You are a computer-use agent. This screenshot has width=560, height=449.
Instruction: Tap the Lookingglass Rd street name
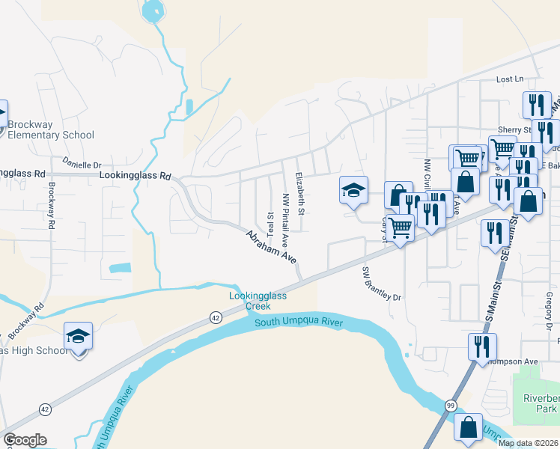coord(136,177)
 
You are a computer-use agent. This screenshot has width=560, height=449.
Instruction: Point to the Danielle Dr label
coord(82,165)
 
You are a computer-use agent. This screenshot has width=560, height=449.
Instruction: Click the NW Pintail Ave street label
coord(285,212)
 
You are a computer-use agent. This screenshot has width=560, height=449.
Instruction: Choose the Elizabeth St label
coord(299,193)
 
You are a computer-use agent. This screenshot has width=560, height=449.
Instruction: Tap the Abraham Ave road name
coord(272,246)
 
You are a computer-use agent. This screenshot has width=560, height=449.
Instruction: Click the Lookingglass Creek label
coord(258,301)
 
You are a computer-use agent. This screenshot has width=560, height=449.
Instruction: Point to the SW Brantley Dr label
coord(382,284)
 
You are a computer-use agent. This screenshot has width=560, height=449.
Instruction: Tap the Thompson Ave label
coord(514,361)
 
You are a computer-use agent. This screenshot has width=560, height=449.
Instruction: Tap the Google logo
coord(25,440)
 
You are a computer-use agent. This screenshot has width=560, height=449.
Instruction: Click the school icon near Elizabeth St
coord(353,189)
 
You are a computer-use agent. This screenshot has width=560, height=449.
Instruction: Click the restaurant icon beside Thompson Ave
coord(481,346)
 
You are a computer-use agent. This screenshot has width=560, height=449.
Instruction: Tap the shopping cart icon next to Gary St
coord(401,227)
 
